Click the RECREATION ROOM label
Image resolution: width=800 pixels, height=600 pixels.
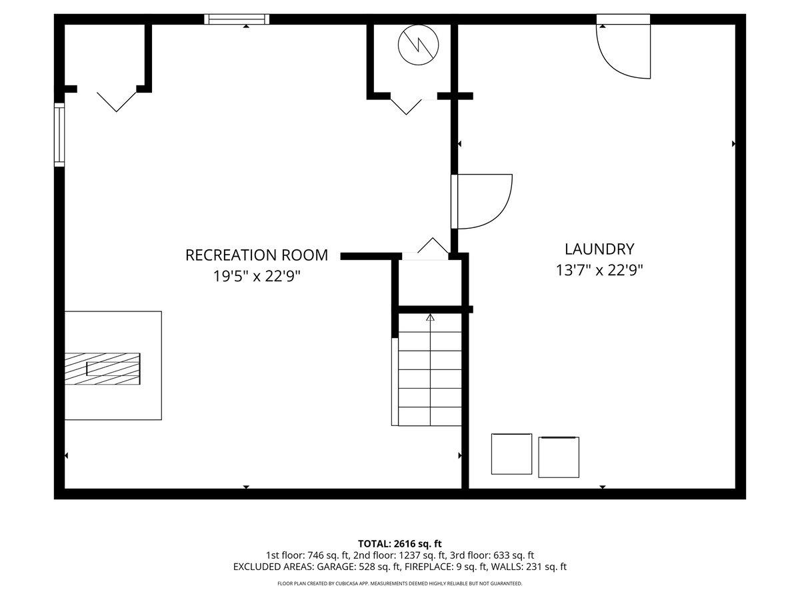click(257, 255)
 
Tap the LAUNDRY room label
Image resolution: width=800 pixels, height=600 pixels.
click(599, 249)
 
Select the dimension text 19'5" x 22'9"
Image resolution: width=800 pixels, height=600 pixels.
click(257, 277)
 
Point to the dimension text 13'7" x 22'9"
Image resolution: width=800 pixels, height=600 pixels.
click(599, 271)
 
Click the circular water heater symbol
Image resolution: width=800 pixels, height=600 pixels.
click(418, 45)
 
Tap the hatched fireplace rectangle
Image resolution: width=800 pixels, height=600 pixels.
click(103, 369)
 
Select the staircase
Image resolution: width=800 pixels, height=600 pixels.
click(430, 369)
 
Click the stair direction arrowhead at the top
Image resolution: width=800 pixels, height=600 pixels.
click(431, 317)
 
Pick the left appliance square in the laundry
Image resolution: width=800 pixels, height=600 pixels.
click(511, 454)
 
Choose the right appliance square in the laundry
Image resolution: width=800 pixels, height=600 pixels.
click(559, 457)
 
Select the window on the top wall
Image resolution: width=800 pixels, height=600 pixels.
click(237, 19)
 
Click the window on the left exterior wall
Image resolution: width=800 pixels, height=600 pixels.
click(59, 135)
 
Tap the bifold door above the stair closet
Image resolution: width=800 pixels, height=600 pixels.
click(433, 245)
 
